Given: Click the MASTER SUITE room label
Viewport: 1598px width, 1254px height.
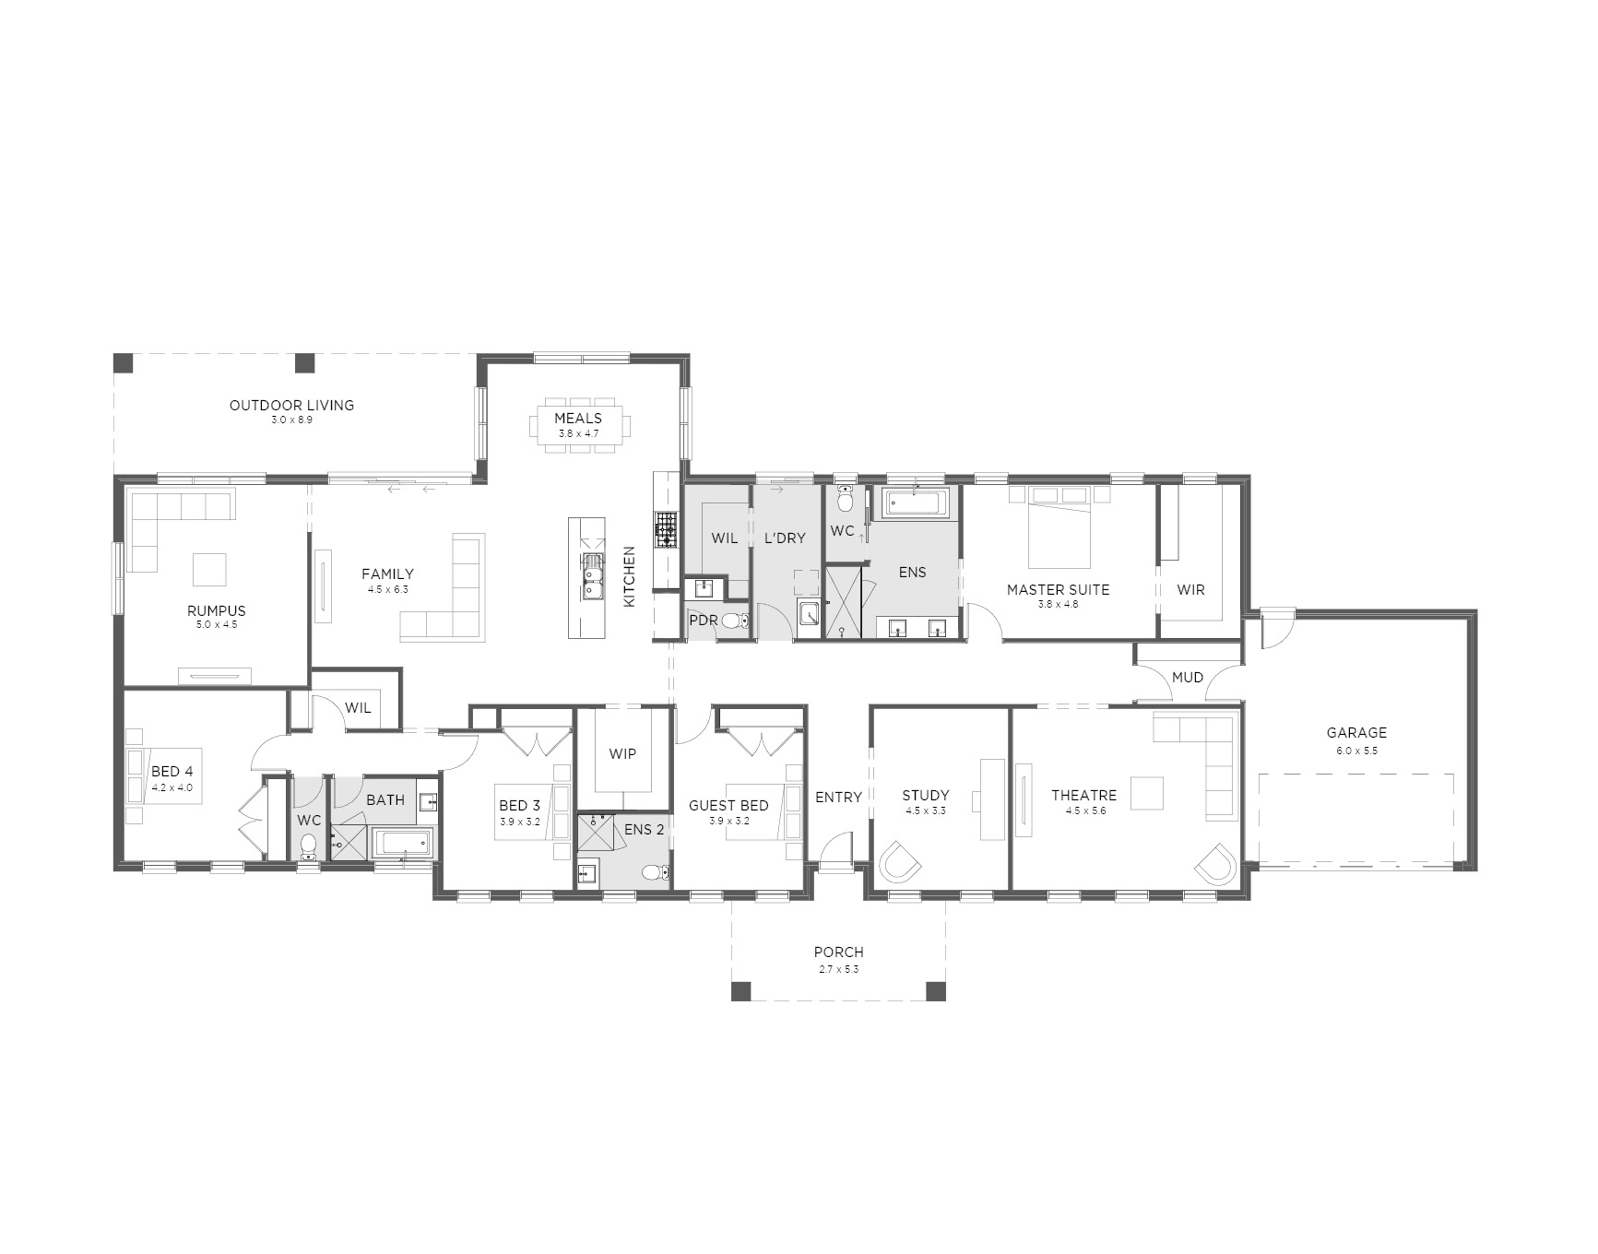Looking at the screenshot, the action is tap(1058, 589).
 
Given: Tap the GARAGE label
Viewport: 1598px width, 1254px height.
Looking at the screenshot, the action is tap(1356, 733).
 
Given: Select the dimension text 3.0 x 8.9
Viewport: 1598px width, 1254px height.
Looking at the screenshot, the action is tap(291, 420).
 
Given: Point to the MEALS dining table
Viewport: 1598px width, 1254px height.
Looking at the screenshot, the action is tap(579, 425).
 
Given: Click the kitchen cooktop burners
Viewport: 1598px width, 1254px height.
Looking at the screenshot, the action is tap(665, 530).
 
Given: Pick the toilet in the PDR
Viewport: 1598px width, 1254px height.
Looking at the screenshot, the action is tap(734, 621).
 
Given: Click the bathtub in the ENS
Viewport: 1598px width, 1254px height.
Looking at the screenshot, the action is tap(915, 503).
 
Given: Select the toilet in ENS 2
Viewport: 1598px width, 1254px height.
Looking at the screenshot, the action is tap(657, 873).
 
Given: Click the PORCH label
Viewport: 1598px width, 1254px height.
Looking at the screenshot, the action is tap(838, 952).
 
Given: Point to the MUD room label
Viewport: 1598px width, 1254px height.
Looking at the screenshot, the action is tap(1188, 678).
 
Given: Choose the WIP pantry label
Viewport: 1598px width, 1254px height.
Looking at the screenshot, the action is tap(622, 754).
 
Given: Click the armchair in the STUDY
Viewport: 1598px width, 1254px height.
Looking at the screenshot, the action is tap(899, 862).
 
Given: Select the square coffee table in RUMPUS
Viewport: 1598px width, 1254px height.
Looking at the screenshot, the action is tap(209, 569).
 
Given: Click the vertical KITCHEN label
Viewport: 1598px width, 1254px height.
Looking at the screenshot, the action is tap(630, 576).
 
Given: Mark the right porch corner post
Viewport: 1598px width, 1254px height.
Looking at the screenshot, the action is tap(935, 991).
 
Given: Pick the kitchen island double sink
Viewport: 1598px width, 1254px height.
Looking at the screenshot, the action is tap(591, 577).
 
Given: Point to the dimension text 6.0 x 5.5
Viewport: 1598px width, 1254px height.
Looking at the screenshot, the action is tap(1356, 751).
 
